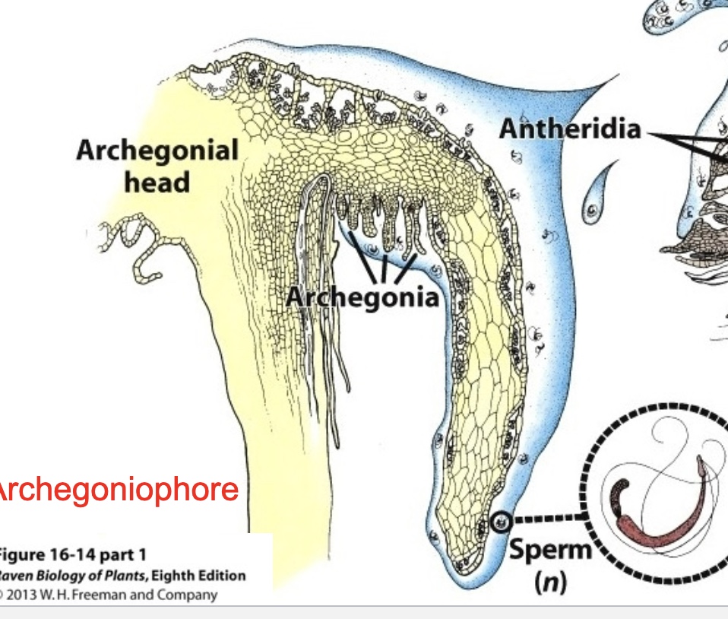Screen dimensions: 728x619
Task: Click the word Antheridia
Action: [x=569, y=130]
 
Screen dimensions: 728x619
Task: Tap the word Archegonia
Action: [x=362, y=297]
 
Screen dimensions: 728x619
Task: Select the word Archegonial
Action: [x=157, y=151]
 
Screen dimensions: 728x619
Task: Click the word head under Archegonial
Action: [x=157, y=183]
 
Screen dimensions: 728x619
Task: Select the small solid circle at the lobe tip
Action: [x=499, y=522]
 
